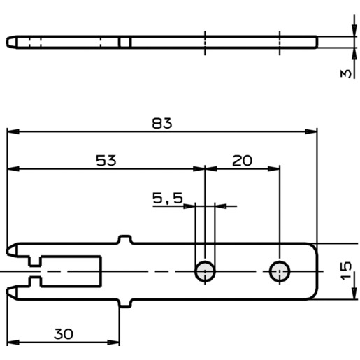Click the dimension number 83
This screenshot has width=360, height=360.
162,123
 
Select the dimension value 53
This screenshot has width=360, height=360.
106,161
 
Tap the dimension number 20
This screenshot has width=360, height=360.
242,161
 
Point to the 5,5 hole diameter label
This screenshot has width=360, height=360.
168,199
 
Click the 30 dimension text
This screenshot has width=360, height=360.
64,334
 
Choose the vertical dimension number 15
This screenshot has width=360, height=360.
346,271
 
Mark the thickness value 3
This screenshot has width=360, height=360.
345,73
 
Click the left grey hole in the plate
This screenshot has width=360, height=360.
205,271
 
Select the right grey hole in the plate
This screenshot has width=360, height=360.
280,271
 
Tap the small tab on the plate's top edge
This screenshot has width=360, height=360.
125,239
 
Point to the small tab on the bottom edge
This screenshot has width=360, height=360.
125,303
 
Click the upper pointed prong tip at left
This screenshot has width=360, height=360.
7,251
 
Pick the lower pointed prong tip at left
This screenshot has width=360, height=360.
7,291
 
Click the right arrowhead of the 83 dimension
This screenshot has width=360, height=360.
311,131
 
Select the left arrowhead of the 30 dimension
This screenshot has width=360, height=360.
13,343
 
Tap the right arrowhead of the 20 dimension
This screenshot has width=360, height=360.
273,169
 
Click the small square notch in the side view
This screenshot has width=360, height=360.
125,42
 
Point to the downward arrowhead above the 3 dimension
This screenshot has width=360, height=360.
354,31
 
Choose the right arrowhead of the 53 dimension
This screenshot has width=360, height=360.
199,169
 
